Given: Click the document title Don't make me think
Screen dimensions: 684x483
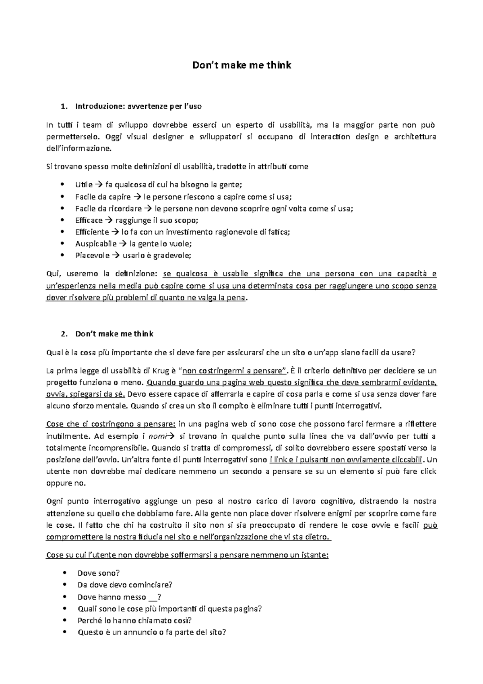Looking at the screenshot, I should (242, 65).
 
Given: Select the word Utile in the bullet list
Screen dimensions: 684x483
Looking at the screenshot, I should (84, 185).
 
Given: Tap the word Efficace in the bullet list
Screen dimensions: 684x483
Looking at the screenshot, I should (89, 220).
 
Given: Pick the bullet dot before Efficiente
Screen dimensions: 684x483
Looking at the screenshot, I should (62, 232).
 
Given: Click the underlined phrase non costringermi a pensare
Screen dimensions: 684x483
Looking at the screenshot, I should (233, 371).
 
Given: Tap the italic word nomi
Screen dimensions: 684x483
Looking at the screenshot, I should (157, 436).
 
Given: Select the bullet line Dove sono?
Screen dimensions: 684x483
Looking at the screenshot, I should (99, 573).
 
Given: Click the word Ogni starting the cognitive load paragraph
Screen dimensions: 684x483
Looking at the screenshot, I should (55, 502).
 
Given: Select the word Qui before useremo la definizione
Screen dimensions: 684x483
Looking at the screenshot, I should (53, 274).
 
